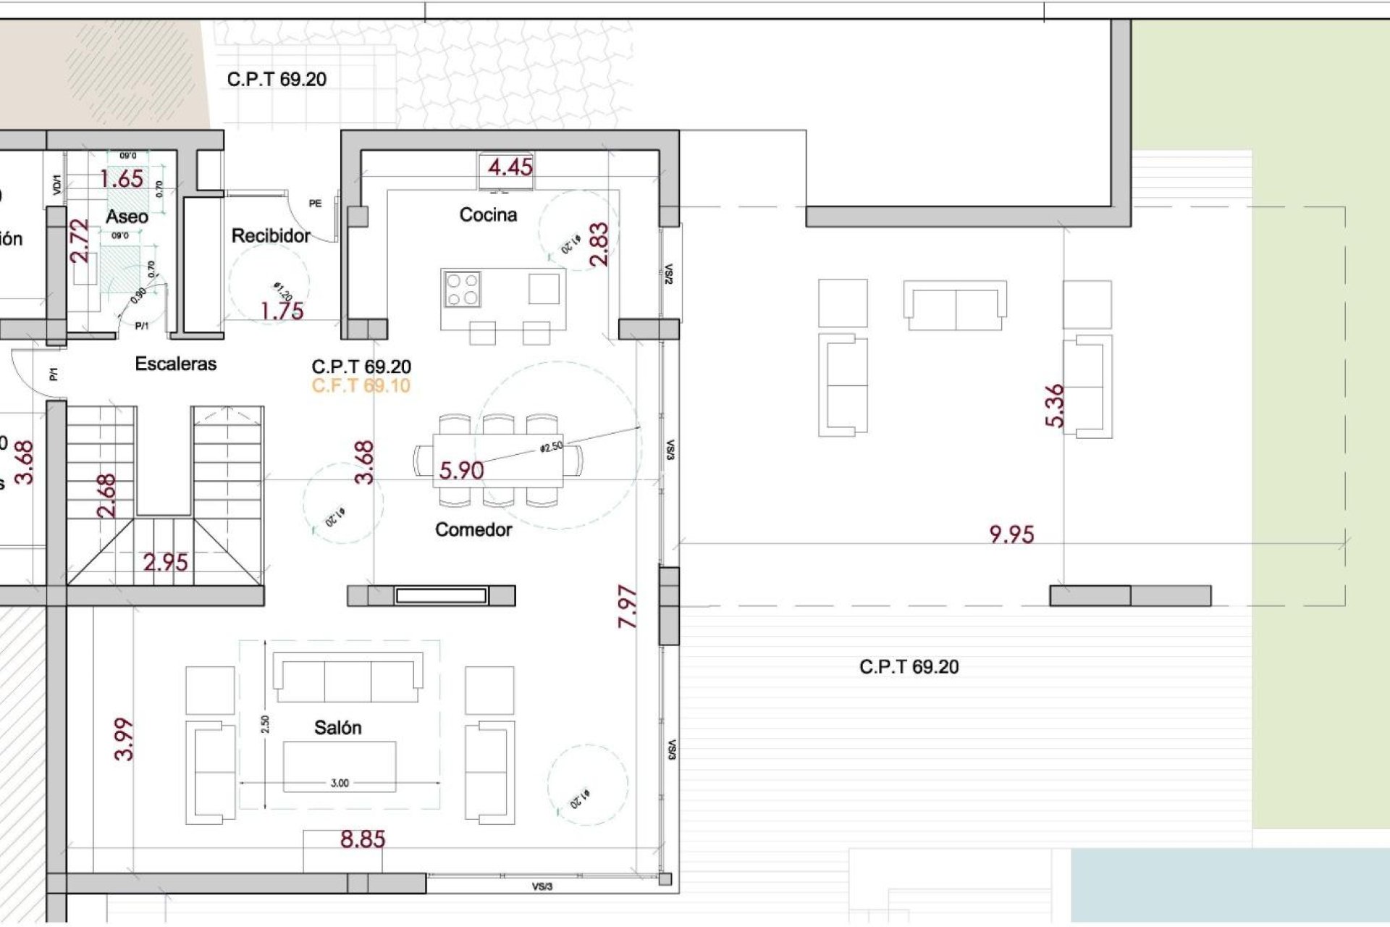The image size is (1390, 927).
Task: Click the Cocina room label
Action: point(488,215)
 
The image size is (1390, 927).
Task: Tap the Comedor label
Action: point(473,530)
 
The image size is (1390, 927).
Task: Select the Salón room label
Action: point(337,728)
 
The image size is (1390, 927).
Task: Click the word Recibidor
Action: point(271,236)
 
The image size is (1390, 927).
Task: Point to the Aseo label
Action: point(127,217)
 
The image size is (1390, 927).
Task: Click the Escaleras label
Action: point(176,364)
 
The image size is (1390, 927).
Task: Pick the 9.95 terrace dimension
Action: point(1011,535)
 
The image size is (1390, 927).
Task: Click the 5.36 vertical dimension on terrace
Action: point(1056,406)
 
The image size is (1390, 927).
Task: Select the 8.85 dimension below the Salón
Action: point(363,840)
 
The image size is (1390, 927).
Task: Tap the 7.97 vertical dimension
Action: point(628,607)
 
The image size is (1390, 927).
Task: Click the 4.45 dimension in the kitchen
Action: point(510,168)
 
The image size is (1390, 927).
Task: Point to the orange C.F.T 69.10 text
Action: point(361,386)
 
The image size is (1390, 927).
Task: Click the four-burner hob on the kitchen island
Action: point(463,289)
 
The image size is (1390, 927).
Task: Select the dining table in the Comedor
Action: point(498,461)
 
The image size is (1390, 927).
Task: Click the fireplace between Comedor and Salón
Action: point(441,596)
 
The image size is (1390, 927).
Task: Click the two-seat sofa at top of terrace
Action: point(955,306)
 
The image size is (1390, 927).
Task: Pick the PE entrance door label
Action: point(315,204)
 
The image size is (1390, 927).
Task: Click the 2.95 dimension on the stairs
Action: point(165,563)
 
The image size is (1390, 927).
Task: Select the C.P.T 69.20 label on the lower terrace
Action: point(909,667)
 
